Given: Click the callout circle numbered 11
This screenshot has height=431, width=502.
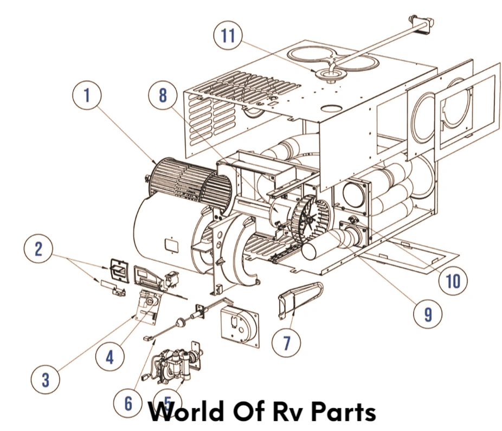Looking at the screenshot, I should pos(228,35).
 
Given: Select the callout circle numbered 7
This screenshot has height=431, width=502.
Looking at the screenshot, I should pos(287,342).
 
